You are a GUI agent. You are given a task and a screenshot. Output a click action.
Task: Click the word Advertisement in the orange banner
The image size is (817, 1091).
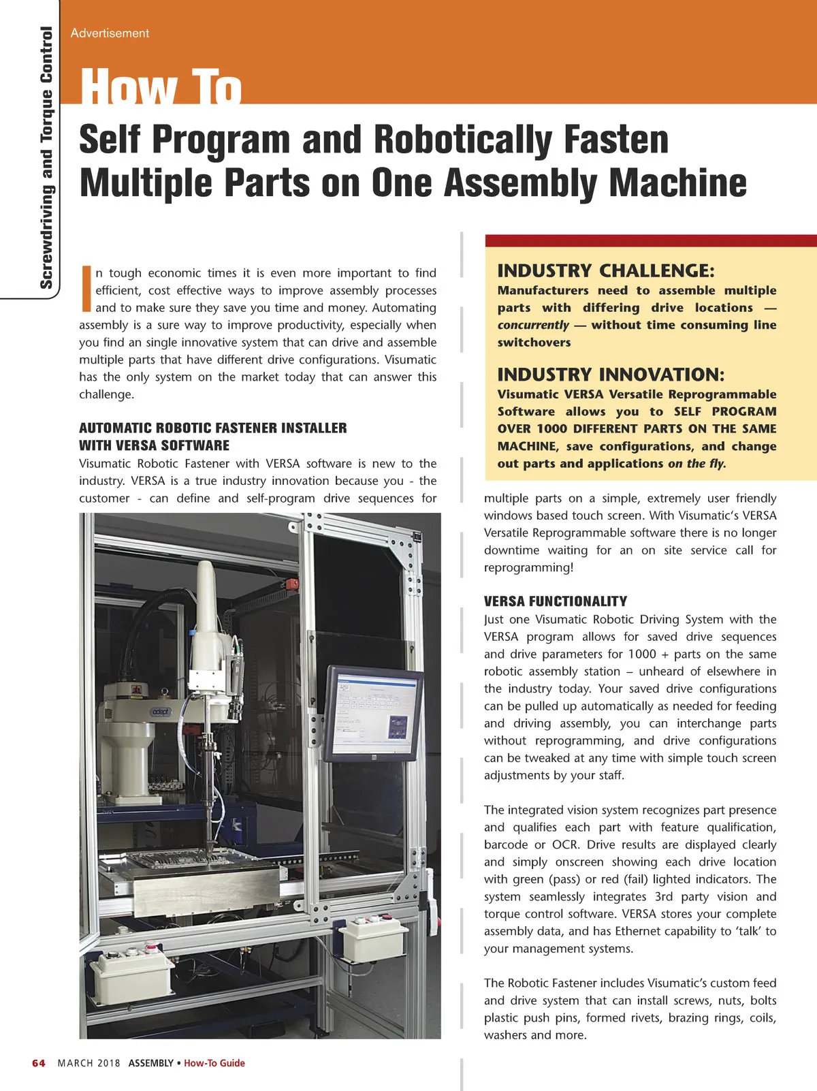(110, 33)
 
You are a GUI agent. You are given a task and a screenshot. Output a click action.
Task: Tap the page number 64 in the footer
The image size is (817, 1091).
(39, 1063)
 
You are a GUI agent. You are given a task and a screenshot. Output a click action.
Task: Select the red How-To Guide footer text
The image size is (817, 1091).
(214, 1063)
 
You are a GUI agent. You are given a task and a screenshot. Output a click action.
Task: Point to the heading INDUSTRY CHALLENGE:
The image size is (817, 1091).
(606, 270)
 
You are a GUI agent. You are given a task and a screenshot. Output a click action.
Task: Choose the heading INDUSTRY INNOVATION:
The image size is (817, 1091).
(611, 375)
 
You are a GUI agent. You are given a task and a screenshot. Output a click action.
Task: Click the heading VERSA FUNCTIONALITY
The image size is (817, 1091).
(555, 601)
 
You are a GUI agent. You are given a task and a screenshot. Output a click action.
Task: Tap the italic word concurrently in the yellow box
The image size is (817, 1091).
(532, 325)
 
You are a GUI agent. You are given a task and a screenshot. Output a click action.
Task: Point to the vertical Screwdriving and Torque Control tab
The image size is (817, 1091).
(46, 157)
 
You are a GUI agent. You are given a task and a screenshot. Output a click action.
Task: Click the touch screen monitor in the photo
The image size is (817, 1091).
(372, 713)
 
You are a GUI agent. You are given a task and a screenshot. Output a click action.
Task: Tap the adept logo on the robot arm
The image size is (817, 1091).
(161, 711)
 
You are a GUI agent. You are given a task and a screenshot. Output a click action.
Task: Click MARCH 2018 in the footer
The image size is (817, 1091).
(89, 1063)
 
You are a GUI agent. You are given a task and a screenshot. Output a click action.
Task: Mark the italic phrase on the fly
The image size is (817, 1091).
(696, 464)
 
